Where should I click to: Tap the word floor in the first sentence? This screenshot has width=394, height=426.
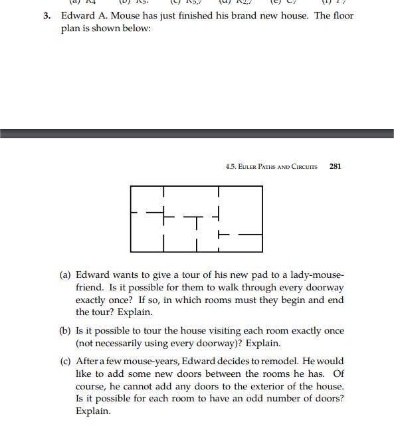point(341,16)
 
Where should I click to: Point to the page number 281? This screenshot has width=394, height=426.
point(336,166)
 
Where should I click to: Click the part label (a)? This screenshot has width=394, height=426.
point(65,274)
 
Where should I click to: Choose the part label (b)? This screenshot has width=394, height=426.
point(65,331)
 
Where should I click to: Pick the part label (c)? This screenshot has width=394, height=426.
point(65,362)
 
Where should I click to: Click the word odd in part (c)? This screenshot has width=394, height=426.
point(245,399)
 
